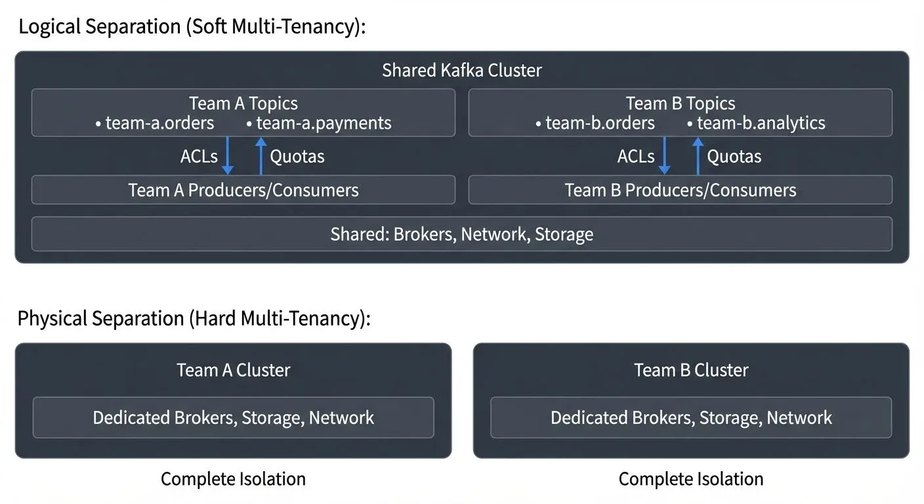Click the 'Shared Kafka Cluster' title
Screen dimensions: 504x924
pos(461,70)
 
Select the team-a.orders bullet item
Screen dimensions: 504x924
pos(159,123)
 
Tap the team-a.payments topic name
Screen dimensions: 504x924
pos(323,123)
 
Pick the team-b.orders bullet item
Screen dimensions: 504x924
pos(600,123)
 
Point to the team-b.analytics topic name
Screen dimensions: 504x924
pos(761,123)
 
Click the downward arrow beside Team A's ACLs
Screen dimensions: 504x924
pos(227,156)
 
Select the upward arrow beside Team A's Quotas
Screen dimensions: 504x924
pos(261,156)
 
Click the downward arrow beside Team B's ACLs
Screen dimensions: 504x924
pos(664,156)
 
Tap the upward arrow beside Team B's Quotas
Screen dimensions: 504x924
pos(698,156)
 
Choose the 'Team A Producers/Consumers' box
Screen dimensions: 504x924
pos(243,190)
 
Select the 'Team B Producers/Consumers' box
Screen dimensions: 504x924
pos(680,190)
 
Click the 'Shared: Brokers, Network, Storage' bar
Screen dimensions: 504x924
pos(461,234)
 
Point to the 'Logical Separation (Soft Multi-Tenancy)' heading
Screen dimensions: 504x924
pos(191,28)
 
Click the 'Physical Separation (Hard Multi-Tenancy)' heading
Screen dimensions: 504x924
pos(194,319)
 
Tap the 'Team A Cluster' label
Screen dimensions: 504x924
pos(233,370)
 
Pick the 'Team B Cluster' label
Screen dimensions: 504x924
pos(690,370)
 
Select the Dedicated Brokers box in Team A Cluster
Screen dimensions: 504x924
pos(233,417)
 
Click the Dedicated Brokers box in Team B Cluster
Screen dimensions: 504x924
pos(690,417)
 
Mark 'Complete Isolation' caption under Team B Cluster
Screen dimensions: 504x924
pos(690,479)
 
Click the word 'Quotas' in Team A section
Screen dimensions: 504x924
pos(297,156)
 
